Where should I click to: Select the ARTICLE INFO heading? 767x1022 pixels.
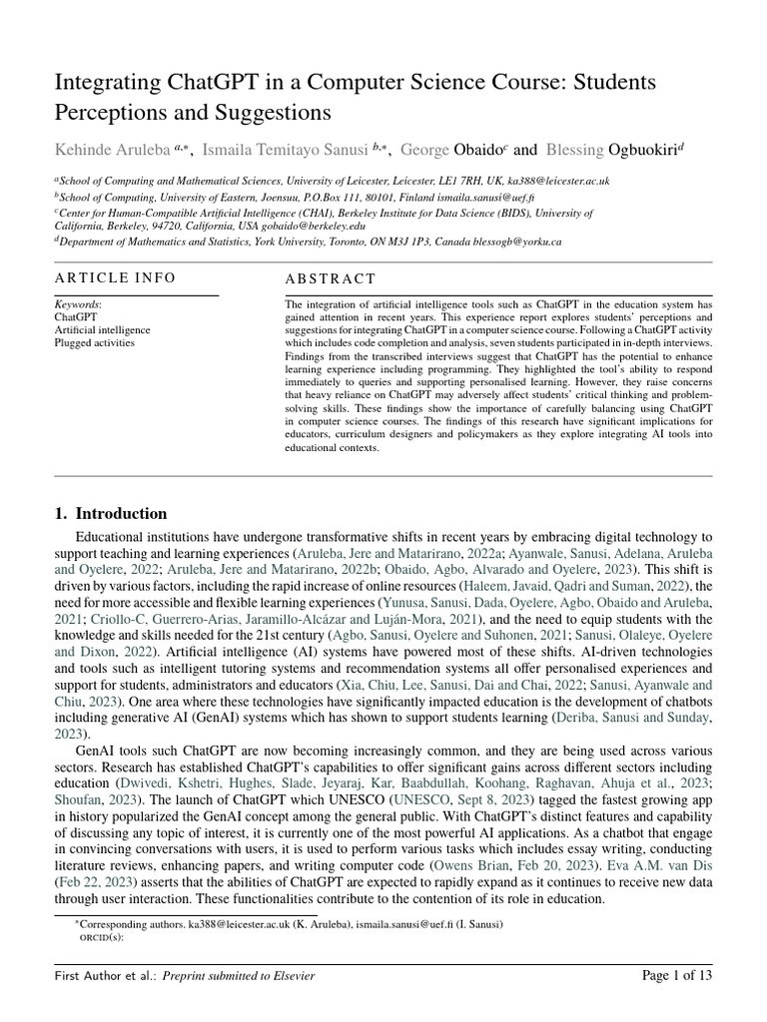point(115,277)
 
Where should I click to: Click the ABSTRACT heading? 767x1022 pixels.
point(331,278)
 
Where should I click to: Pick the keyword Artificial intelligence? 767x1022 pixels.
point(102,329)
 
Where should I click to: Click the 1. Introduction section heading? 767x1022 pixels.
point(111,514)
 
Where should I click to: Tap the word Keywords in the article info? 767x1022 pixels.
point(77,303)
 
